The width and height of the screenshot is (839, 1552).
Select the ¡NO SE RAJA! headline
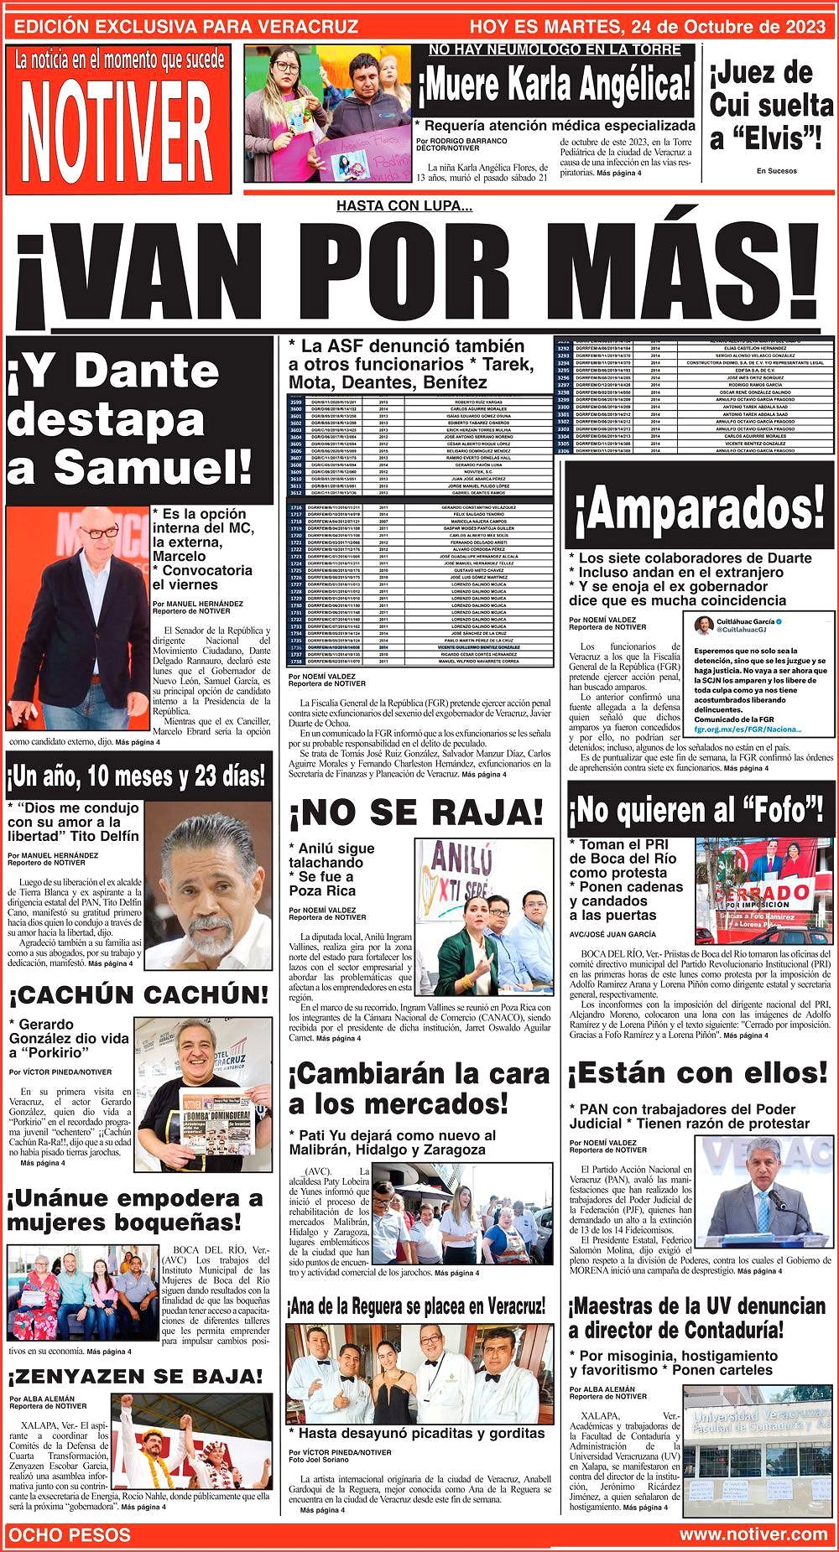(417, 812)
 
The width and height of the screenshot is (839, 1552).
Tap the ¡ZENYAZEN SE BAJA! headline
(136, 1376)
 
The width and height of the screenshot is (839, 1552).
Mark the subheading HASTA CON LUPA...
(404, 206)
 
